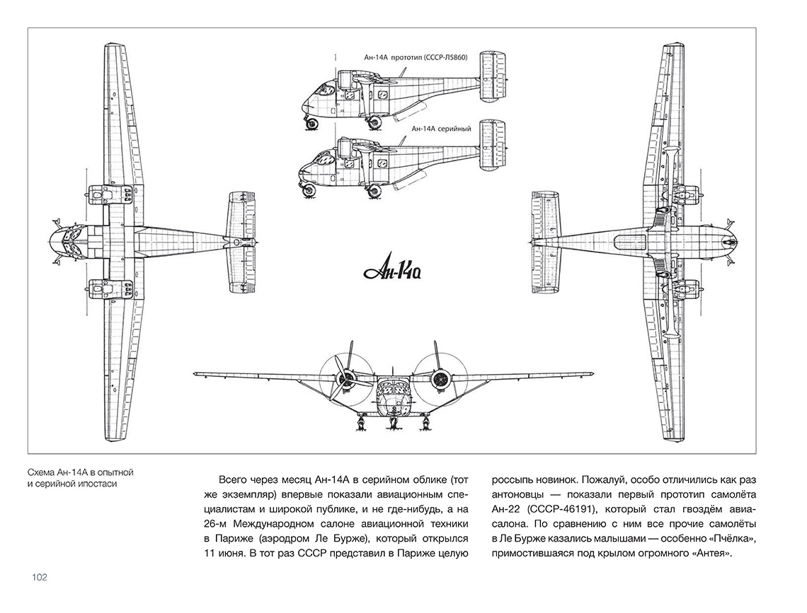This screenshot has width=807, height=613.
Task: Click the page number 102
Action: (40, 577)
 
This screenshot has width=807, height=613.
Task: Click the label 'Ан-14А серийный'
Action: (441, 129)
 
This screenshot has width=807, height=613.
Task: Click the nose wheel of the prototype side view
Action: (311, 122)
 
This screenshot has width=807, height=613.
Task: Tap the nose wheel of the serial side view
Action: (309, 191)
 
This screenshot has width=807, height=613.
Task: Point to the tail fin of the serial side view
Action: (493, 145)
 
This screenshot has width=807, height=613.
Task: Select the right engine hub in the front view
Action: (440, 379)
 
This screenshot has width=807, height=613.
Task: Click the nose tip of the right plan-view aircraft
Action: (738, 240)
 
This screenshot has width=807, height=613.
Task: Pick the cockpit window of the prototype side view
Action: (325, 91)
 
